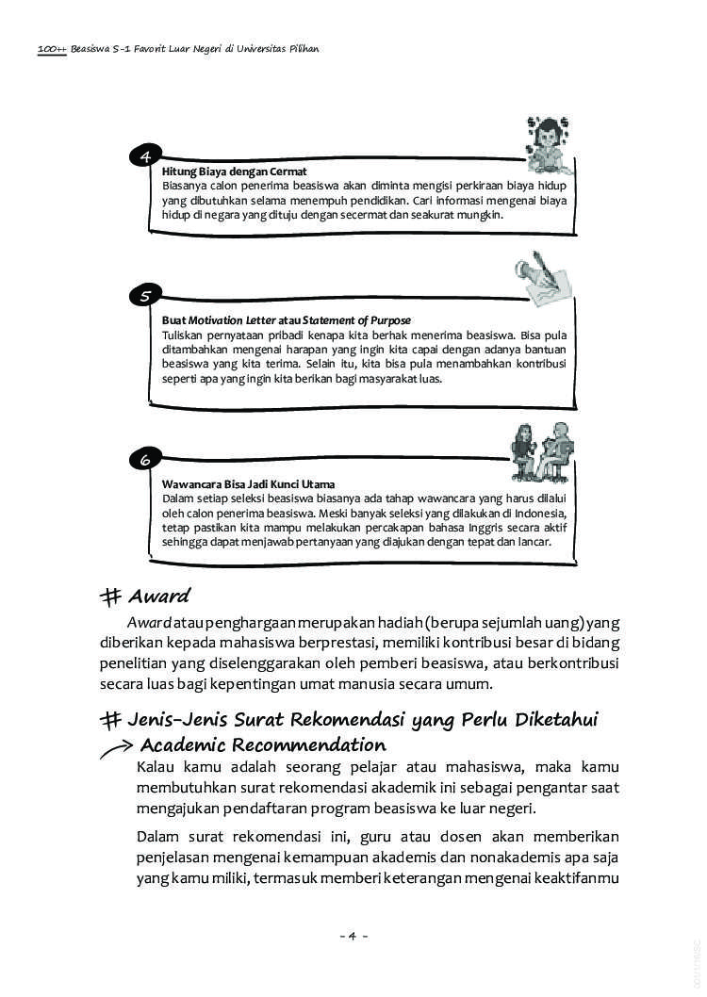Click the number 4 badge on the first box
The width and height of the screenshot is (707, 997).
(145, 156)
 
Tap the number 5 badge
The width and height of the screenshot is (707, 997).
(145, 296)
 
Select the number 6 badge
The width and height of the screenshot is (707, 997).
(145, 460)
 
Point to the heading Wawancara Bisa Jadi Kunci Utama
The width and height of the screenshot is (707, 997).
(249, 484)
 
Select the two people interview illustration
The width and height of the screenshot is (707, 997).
(544, 451)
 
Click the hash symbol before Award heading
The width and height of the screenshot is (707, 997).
(112, 597)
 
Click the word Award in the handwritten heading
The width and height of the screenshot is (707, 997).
(159, 596)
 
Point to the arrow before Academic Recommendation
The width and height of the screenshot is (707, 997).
(116, 747)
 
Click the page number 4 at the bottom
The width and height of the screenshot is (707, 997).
(353, 936)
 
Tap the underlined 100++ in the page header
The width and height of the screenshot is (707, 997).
(52, 48)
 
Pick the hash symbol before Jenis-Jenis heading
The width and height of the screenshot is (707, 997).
(112, 720)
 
